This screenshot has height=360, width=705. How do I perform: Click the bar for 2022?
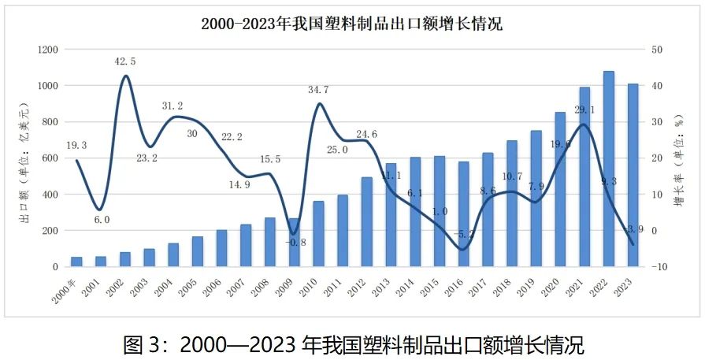click(608, 169)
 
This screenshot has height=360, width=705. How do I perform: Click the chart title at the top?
click(351, 24)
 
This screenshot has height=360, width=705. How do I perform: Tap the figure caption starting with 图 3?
click(353, 343)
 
